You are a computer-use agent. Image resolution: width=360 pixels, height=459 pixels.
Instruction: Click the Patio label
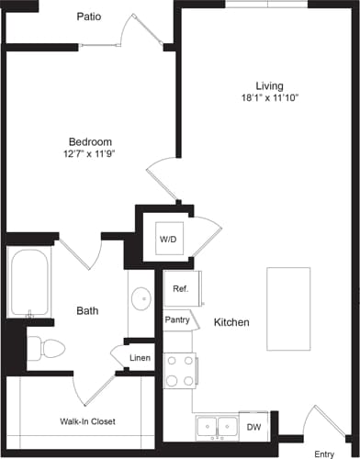pos(89,16)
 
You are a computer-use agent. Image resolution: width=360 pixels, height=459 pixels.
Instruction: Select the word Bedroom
pos(90,141)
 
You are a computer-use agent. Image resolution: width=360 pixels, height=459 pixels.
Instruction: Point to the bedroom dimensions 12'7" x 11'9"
pos(90,154)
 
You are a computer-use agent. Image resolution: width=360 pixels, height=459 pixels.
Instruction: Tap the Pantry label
pos(178,320)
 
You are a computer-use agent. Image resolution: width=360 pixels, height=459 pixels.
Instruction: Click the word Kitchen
pos(231,323)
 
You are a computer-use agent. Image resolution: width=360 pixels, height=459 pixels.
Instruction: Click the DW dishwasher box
pos(254,426)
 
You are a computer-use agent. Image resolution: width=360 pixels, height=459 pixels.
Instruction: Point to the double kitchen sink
pos(218,427)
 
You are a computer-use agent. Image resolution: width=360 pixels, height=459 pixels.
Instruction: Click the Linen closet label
pos(140,357)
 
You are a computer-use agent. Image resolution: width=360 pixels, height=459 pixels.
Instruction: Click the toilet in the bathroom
pos(46,347)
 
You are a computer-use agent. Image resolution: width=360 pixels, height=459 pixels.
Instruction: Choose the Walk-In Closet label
pos(89,421)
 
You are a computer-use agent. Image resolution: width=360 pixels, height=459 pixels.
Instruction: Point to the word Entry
pos(323,453)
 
